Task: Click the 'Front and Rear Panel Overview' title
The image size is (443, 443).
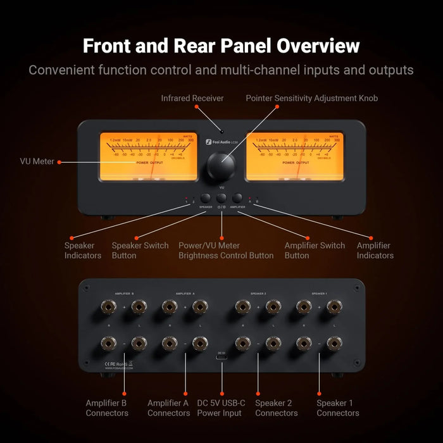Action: pos(221,46)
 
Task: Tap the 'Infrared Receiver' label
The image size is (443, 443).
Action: pos(193,99)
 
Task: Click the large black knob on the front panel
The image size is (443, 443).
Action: pos(221,166)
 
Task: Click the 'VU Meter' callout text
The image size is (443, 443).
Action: pos(36,162)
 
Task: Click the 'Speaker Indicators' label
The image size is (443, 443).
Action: pos(82,251)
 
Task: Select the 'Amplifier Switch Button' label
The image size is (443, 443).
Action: pos(315,251)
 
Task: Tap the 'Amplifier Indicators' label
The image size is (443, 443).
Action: pos(375,251)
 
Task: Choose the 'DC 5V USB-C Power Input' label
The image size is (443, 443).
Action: pos(221,408)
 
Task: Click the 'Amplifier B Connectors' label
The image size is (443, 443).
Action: pos(107,408)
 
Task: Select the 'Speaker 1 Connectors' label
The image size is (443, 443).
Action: pos(337,408)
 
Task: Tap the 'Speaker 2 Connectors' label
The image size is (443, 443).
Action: pos(276,408)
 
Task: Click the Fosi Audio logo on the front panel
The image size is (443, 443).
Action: pos(221,142)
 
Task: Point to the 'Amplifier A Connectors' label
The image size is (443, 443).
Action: pos(168,408)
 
